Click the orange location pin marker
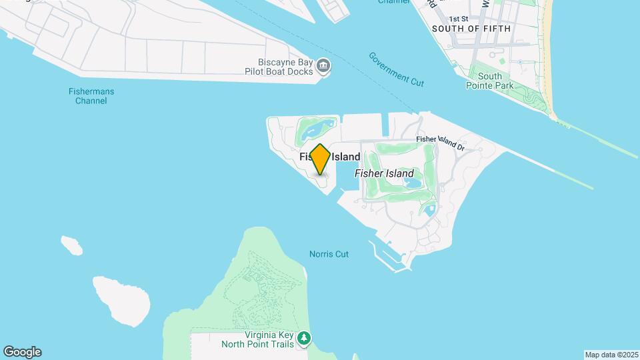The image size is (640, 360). coord(320,159)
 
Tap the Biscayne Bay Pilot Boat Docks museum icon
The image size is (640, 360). coord(324,65)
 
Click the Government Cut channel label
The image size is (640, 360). coord(396,69)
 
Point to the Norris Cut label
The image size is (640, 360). coord(329,254)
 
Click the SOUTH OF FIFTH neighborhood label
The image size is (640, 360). coord(471,29)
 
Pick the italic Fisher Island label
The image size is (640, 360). coord(383,173)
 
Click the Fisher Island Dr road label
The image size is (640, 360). coord(439,141)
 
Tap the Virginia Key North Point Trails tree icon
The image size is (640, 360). coord(305,338)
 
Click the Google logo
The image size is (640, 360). coord(22,352)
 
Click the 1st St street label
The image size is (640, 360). coord(459,19)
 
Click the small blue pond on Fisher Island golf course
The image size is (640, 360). coord(413,182)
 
